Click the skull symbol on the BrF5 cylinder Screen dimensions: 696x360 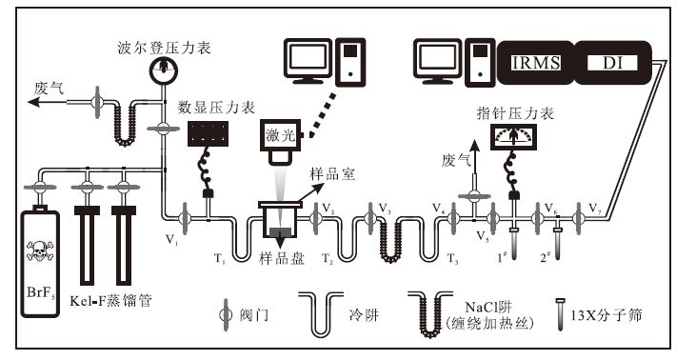coord(40,250)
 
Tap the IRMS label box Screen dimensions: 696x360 coord(536,63)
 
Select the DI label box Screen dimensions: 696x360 coord(613,63)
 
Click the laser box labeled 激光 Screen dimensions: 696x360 coord(281,135)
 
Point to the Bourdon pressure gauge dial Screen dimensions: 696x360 coord(164,70)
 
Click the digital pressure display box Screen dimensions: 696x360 coord(208,133)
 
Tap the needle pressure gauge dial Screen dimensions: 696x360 coord(513,137)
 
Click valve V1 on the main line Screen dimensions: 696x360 coord(184,217)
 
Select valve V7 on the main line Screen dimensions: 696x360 coord(578,218)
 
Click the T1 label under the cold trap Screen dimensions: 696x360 coord(220,258)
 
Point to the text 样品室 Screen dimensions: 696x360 coord(332,174)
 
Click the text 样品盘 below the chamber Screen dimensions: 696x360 coord(282,259)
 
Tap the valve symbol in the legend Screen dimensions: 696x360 coord(226,314)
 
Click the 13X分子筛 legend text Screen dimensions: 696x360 coord(606,315)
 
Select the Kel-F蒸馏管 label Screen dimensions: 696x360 coord(110,301)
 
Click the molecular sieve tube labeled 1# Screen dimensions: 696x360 coord(514,243)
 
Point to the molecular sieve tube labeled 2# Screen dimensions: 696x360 coord(558,243)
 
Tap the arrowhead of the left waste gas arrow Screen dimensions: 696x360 coord(33,102)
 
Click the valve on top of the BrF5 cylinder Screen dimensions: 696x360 coord(40,187)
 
